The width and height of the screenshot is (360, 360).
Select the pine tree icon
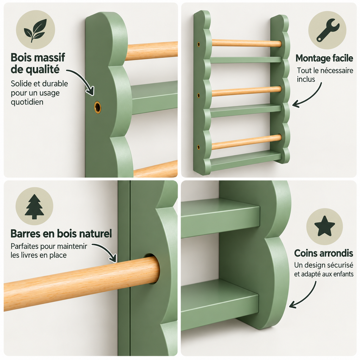click(34, 206)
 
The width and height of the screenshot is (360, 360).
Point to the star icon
click(324, 226)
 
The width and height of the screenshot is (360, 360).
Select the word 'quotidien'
click(27, 102)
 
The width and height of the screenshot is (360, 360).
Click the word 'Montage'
click(310, 58)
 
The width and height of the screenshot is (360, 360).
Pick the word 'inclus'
click(306, 79)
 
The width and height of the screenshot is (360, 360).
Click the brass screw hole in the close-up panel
click(97, 107)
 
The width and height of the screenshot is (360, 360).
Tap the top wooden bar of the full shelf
click(246, 43)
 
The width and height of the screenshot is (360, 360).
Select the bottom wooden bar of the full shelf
click(246, 142)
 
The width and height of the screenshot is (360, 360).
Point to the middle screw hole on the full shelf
click(199, 95)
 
